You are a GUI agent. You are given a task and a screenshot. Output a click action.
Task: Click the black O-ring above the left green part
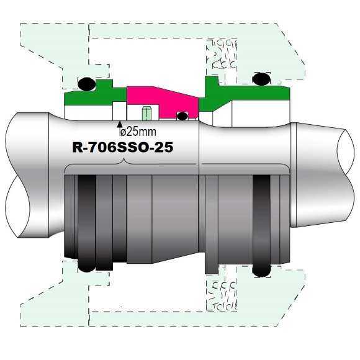pyautogui.click(x=86, y=83)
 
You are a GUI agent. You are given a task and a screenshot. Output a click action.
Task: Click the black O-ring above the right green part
pyautogui.click(x=260, y=79)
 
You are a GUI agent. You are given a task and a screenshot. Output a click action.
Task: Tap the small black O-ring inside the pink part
pyautogui.click(x=182, y=116)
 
